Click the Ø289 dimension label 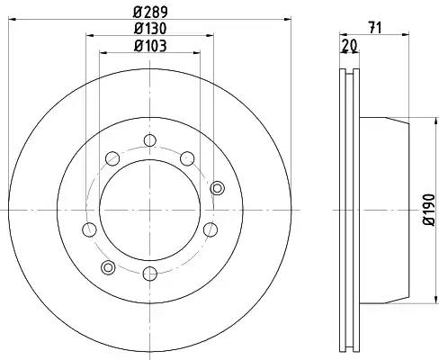pos(150,12)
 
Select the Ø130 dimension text pos(150,29)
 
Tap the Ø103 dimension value pos(150,46)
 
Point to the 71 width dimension pos(375,28)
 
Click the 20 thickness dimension pos(349,46)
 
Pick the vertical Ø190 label pos(429,210)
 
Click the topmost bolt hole pos(150,140)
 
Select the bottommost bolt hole pos(149,274)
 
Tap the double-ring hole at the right pos(218,188)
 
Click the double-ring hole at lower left pos(108,267)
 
